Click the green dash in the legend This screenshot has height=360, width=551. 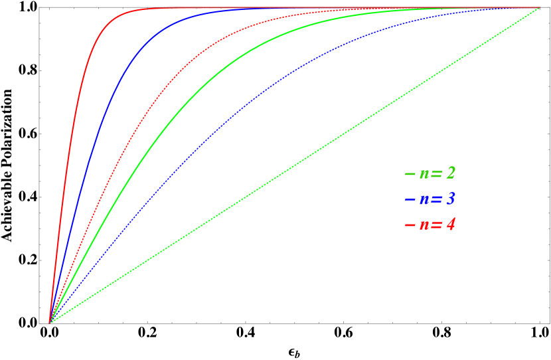410,175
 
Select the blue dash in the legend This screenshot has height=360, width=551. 410,200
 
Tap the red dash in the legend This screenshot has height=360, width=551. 410,225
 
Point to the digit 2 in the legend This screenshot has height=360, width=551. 450,174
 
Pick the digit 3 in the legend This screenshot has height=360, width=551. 450,199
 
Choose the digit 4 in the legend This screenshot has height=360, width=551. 450,225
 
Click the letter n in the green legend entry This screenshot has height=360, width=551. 424,175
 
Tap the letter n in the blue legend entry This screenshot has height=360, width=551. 424,200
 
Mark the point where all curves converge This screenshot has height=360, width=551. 50,321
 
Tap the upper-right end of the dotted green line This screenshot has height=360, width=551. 540,9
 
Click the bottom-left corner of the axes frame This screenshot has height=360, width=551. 39,323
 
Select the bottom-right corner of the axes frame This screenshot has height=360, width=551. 548,323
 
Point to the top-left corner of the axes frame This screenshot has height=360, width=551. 39,7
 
